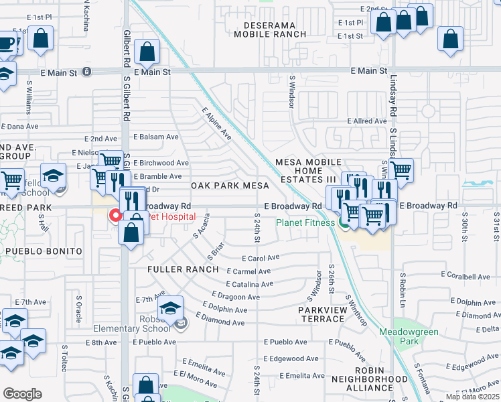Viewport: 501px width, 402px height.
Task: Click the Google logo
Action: coord(22,394)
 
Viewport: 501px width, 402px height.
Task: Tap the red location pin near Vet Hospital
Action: coord(115,215)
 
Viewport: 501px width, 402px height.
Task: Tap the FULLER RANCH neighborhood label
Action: coord(183,269)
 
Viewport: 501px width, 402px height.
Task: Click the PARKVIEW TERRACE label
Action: coord(323,314)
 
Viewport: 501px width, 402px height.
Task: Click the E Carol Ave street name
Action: coord(261,258)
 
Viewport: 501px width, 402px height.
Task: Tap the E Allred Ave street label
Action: coord(366,121)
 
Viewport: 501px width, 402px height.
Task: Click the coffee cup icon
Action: coord(7,44)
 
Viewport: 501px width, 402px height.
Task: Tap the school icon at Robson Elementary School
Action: coord(170,308)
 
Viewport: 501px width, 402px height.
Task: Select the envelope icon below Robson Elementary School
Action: coord(182,324)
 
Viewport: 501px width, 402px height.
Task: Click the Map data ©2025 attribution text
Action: coord(473,397)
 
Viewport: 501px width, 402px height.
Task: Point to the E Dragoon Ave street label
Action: coord(232,295)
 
